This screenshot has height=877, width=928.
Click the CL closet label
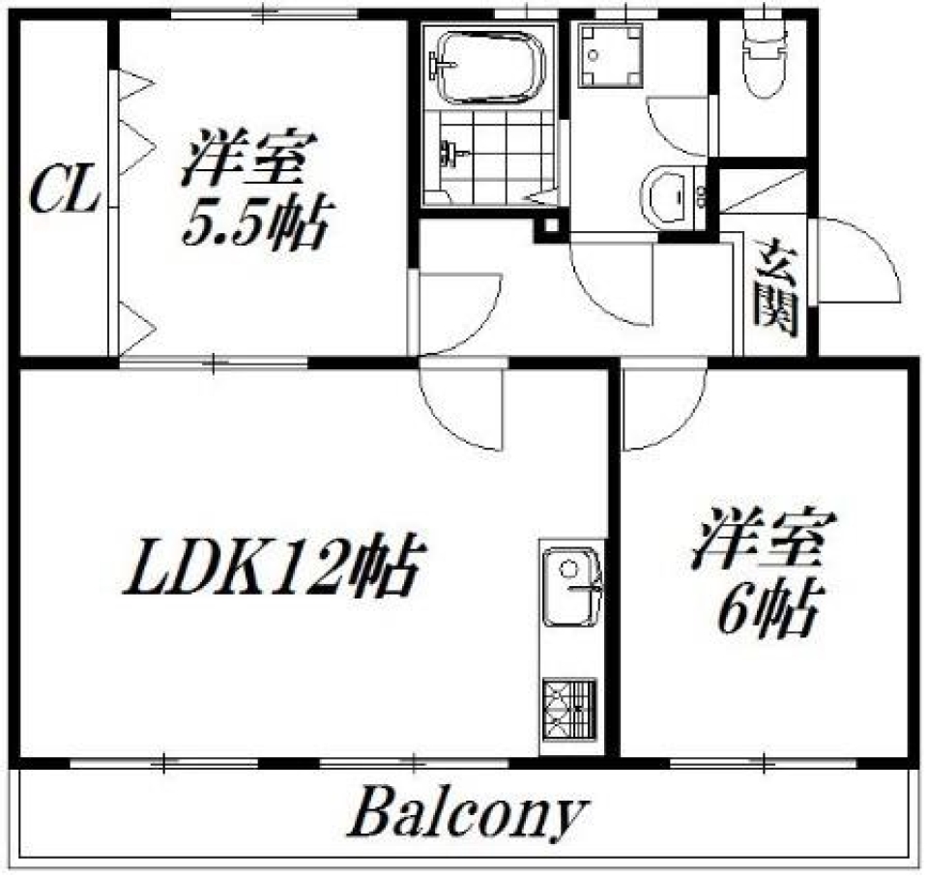tap(64, 193)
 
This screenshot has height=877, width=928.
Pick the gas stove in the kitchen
tap(571, 711)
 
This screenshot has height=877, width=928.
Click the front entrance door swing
tap(855, 261)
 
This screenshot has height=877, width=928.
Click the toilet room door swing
tap(682, 127)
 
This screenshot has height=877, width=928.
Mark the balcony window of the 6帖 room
tap(764, 763)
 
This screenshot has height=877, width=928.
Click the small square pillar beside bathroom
tap(550, 227)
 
